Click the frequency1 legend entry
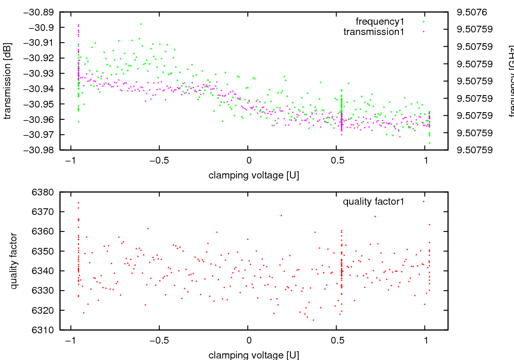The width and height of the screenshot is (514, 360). (380, 22)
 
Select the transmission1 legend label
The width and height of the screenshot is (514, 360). (374, 32)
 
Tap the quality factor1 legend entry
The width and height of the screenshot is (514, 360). (374, 202)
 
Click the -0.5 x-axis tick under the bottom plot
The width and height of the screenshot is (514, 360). (159, 340)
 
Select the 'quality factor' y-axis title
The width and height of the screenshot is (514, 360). (14, 261)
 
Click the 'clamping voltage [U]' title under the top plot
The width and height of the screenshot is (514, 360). (253, 175)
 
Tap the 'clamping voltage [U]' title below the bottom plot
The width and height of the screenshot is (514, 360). (253, 355)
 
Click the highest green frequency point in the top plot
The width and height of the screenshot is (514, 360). (141, 24)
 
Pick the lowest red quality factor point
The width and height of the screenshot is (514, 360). (313, 320)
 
